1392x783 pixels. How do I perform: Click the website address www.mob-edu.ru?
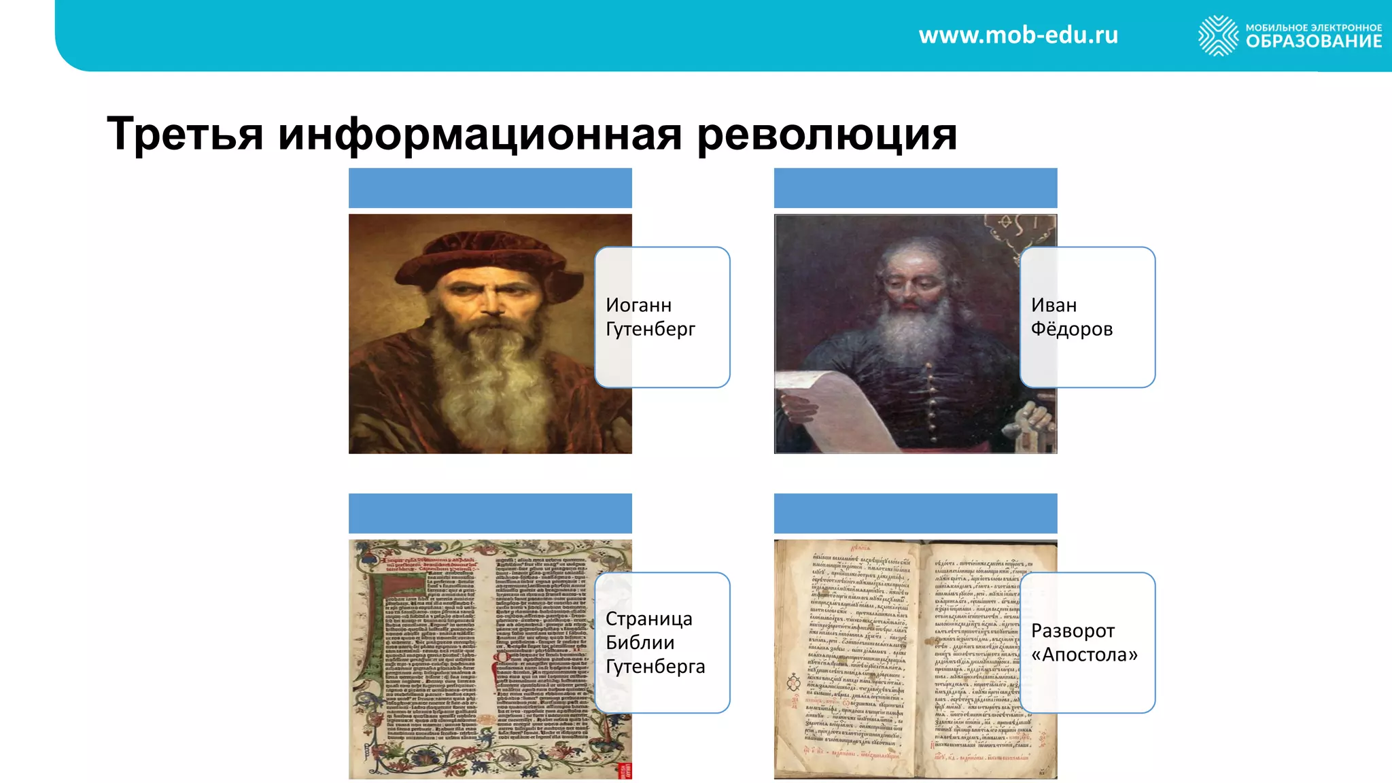[1018, 35]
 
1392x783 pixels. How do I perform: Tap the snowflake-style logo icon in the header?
[1218, 35]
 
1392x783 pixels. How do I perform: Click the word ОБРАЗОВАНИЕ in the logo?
[1313, 41]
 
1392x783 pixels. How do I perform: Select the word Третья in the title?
[185, 134]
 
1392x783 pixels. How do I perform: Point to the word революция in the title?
[827, 134]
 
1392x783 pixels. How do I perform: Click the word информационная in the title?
[480, 134]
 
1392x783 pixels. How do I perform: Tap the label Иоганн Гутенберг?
[650, 317]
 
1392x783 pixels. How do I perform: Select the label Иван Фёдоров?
[1072, 317]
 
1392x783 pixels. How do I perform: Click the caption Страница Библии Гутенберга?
[655, 642]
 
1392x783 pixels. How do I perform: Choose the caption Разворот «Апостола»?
[1084, 642]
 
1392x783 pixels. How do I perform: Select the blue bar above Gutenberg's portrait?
[490, 188]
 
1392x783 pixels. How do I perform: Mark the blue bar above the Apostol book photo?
[916, 513]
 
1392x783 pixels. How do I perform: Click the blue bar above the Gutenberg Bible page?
[490, 513]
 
